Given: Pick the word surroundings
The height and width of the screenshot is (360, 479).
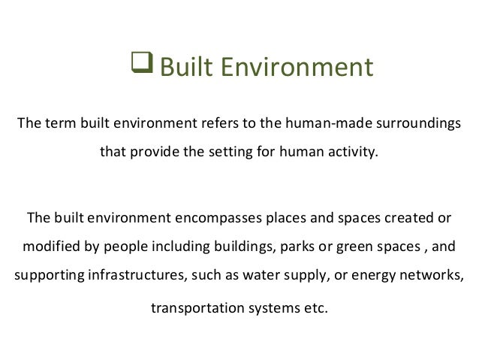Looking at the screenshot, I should click(x=419, y=123).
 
